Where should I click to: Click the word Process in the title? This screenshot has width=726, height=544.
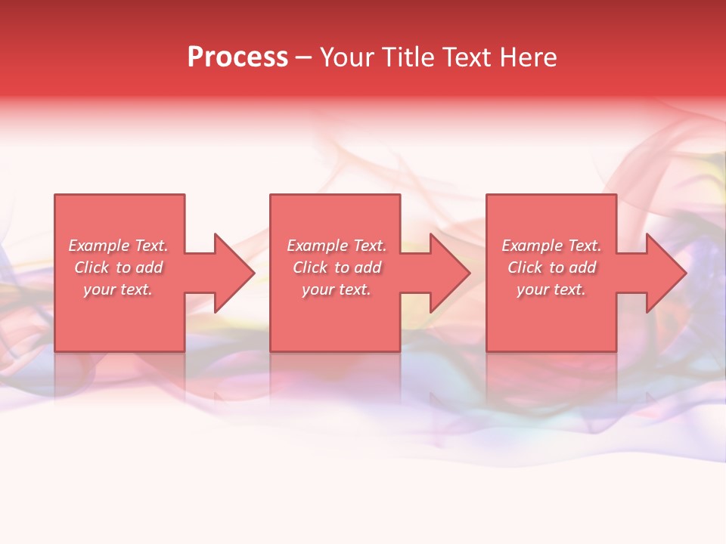[x=237, y=57]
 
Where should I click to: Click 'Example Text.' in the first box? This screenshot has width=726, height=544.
[x=118, y=246]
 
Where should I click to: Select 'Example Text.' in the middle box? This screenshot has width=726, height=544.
[x=337, y=246]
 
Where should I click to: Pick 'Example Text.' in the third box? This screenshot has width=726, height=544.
[x=551, y=246]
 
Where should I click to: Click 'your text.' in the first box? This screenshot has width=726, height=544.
[x=118, y=289]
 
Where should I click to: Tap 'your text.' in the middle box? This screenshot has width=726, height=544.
[x=337, y=289]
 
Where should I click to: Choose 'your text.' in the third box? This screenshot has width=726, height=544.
[x=551, y=289]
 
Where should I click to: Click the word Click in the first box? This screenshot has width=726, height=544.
[x=92, y=267]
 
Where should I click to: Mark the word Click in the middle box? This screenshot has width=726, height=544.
[x=310, y=267]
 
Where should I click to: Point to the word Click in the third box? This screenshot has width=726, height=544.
[x=525, y=267]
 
